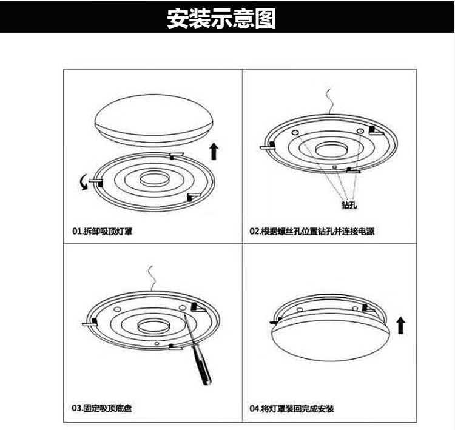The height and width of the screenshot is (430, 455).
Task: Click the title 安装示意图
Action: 221,18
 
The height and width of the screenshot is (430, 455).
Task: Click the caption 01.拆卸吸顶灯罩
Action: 102,231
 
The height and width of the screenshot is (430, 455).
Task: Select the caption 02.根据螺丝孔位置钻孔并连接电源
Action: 312,231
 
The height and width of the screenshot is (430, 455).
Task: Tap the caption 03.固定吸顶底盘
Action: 102,408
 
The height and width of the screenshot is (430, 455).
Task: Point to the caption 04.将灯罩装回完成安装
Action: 292,409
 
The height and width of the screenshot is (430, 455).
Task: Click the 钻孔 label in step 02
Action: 349,204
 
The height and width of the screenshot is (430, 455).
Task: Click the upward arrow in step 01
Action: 214,151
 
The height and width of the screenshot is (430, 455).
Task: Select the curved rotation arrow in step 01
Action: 84,182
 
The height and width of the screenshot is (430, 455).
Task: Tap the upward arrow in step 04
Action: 401,325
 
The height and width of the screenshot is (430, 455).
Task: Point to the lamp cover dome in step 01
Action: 155,120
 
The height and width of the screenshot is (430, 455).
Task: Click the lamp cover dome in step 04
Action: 330,339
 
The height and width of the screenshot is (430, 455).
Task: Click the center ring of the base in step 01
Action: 154,178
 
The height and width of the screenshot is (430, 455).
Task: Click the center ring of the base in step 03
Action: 153,326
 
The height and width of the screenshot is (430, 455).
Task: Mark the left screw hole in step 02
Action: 295,133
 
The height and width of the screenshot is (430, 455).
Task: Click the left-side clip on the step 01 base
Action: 96,181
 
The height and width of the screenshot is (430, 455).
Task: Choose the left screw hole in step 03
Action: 117,309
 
